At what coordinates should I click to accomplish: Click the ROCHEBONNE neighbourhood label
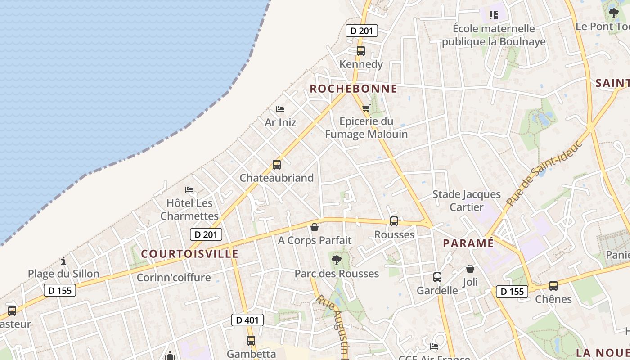coord(354,89)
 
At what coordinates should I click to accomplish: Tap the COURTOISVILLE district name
coord(189,254)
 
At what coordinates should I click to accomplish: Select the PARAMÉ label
coord(468,243)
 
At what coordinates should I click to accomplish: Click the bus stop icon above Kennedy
coord(360,51)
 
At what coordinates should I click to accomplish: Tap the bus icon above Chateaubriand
coord(276,165)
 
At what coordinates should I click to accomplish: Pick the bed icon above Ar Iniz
coord(280,109)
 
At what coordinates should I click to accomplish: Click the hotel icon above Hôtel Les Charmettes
coord(189,190)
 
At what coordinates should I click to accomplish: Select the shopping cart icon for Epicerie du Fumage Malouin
coord(366,108)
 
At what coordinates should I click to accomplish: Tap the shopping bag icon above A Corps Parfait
coord(315,227)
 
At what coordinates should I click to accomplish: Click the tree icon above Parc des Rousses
coord(336,260)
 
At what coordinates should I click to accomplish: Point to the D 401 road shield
coord(247,320)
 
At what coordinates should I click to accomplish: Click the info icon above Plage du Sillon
coord(63,261)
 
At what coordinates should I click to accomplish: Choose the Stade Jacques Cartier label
coord(466,201)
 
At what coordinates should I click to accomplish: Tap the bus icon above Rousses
coord(394,221)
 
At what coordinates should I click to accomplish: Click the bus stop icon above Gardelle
coord(437,277)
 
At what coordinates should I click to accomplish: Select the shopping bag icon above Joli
coord(470,269)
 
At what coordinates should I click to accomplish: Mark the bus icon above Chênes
coord(553,286)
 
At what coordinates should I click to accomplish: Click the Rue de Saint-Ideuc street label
coord(544,173)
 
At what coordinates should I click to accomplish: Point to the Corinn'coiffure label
coord(174,278)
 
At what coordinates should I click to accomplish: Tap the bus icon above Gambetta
coord(251,341)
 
